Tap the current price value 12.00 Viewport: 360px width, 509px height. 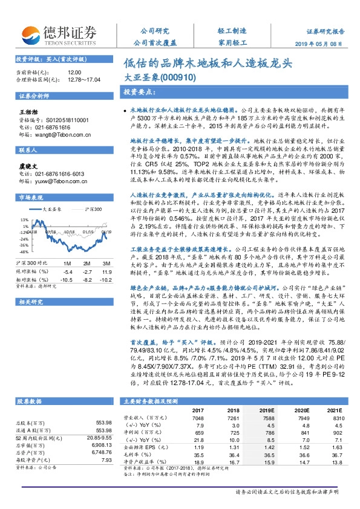(x=74, y=72)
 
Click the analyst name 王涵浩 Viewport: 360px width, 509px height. (x=28, y=112)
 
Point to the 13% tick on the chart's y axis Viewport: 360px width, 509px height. (x=24, y=220)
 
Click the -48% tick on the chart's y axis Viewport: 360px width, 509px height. (x=24, y=251)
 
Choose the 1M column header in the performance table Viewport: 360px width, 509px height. (x=67, y=264)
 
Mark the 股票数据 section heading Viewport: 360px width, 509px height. (x=29, y=384)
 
